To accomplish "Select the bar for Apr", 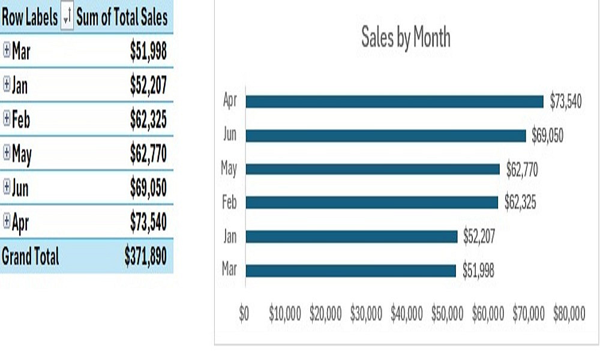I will [394, 101].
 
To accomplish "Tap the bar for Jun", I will [385, 136].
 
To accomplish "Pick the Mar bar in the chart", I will [350, 271].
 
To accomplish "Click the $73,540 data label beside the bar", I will [566, 101].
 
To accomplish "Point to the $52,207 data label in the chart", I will [479, 237].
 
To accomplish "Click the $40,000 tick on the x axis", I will [406, 314].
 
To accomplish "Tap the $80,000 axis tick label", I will [569, 314].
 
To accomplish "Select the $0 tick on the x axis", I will [244, 314].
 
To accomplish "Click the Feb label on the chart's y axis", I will [229, 203].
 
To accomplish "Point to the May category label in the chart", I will [229, 169].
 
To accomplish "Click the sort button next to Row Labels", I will [67, 18].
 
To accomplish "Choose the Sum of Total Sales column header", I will [122, 18].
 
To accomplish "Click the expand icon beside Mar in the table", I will [7, 51].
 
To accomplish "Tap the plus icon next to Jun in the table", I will [7, 188].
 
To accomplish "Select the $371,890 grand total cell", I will [145, 257].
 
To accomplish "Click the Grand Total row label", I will [31, 257].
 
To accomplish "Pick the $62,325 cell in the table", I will [148, 120].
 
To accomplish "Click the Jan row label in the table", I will [20, 86].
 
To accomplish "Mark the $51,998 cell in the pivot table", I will [148, 52].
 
